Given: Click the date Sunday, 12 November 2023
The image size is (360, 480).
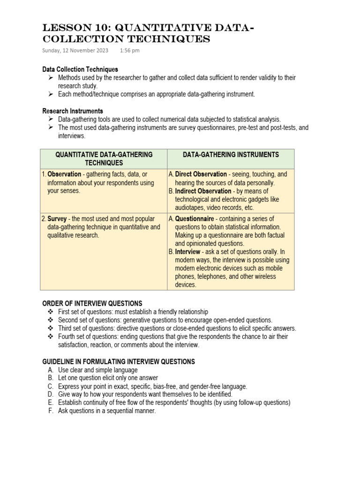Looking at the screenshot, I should click(75, 50).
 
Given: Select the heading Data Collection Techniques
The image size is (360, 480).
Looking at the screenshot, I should click(80, 69).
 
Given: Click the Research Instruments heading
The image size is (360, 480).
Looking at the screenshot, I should click(73, 111).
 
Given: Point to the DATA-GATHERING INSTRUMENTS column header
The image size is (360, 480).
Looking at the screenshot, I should click(231, 155).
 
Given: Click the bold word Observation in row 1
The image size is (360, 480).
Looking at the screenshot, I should click(64, 174).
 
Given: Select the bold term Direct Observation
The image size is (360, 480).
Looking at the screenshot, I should click(201, 174).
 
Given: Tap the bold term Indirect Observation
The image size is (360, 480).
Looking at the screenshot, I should click(203, 191).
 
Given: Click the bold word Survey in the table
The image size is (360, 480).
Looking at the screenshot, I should click(57, 219).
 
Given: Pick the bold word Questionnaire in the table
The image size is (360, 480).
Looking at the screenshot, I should click(195, 219).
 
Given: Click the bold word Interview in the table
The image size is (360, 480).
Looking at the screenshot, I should click(187, 252).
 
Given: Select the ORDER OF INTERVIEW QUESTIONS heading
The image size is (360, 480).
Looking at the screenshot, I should click(92, 304).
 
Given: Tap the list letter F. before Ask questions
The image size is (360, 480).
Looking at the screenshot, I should click(50, 411).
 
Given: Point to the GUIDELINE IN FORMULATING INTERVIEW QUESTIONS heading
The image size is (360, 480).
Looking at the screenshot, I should click(119, 362).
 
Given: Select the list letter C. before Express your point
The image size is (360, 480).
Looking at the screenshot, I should click(50, 387).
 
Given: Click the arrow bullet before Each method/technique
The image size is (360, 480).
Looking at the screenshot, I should click(50, 94).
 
